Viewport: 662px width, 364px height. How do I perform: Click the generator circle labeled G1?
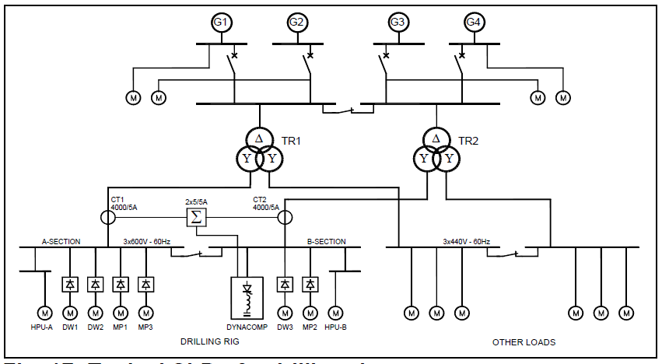222,22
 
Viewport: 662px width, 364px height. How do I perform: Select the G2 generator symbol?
296,22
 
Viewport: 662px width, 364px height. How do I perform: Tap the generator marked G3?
398,22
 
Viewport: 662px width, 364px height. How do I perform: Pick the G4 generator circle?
473,22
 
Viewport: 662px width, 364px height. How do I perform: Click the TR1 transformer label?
292,142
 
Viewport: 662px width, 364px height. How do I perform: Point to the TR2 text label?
468,142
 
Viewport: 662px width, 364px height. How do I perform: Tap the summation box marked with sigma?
196,216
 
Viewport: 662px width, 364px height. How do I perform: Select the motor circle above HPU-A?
45,313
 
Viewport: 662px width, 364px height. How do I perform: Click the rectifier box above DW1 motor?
70,284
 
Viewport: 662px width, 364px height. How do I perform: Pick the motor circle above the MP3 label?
145,313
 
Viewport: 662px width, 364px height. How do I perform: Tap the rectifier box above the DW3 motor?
285,284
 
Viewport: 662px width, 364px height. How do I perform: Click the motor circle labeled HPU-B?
337,313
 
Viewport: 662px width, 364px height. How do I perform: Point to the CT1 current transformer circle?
107,216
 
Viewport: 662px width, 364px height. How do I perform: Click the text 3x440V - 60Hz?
467,242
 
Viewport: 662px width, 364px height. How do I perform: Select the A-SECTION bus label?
61,242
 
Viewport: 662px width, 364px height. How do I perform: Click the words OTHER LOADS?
524,342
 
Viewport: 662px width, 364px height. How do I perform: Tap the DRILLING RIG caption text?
210,342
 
